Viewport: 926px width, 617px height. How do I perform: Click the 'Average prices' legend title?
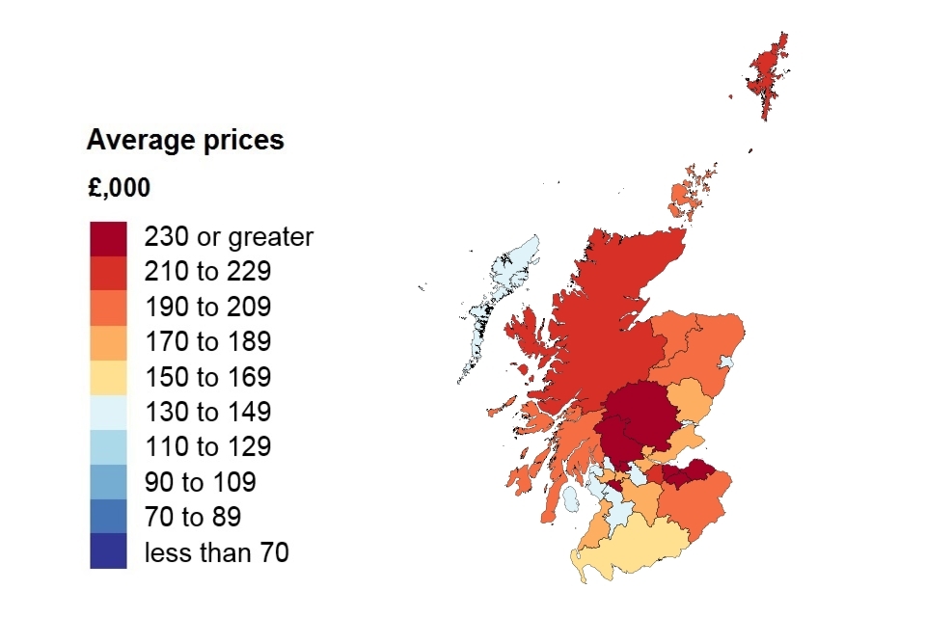[185, 141]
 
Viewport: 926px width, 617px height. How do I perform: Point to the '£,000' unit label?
[119, 188]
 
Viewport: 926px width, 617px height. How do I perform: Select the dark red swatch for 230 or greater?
[108, 238]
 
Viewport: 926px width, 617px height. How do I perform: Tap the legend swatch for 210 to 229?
[108, 273]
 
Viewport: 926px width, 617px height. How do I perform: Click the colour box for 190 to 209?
[108, 308]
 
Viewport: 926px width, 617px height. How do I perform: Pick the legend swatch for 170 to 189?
[108, 342]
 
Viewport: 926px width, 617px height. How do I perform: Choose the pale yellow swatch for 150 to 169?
[108, 377]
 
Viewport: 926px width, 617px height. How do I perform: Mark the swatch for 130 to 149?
[108, 412]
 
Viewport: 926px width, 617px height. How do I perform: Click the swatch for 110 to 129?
[108, 447]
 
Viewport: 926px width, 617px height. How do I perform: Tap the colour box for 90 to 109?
[108, 482]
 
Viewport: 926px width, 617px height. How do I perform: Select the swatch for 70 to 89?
[108, 517]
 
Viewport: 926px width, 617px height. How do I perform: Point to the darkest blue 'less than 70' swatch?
[108, 551]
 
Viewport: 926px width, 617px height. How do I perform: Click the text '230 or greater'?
[229, 237]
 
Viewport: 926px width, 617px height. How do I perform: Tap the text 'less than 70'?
[216, 552]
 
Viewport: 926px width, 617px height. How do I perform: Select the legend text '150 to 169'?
[207, 377]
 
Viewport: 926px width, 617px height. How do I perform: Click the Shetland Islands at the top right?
[769, 77]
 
